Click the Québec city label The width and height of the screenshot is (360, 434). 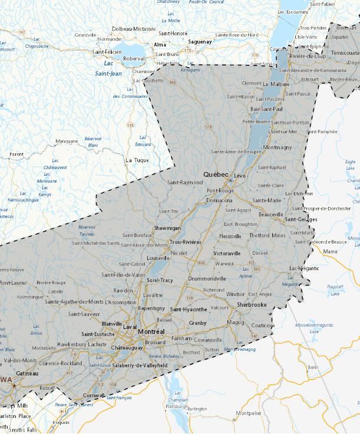point(216,175)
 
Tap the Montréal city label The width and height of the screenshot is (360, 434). point(151,332)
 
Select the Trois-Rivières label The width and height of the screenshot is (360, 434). point(186,242)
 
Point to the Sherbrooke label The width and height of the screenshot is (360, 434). point(252,305)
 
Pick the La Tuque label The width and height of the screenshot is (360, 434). point(137,160)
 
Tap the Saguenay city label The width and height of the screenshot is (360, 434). point(200,42)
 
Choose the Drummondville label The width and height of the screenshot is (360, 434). point(207,278)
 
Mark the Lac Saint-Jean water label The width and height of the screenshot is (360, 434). point(108,68)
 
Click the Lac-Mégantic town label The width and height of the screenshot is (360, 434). point(304,268)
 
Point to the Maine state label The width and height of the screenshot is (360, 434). point(331,252)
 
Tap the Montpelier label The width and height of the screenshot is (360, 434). point(248,413)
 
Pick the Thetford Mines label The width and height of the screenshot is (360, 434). point(267,235)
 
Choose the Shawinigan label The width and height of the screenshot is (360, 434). point(167,228)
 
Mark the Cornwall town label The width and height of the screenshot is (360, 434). point(94,395)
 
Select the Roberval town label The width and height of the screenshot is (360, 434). point(134,59)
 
